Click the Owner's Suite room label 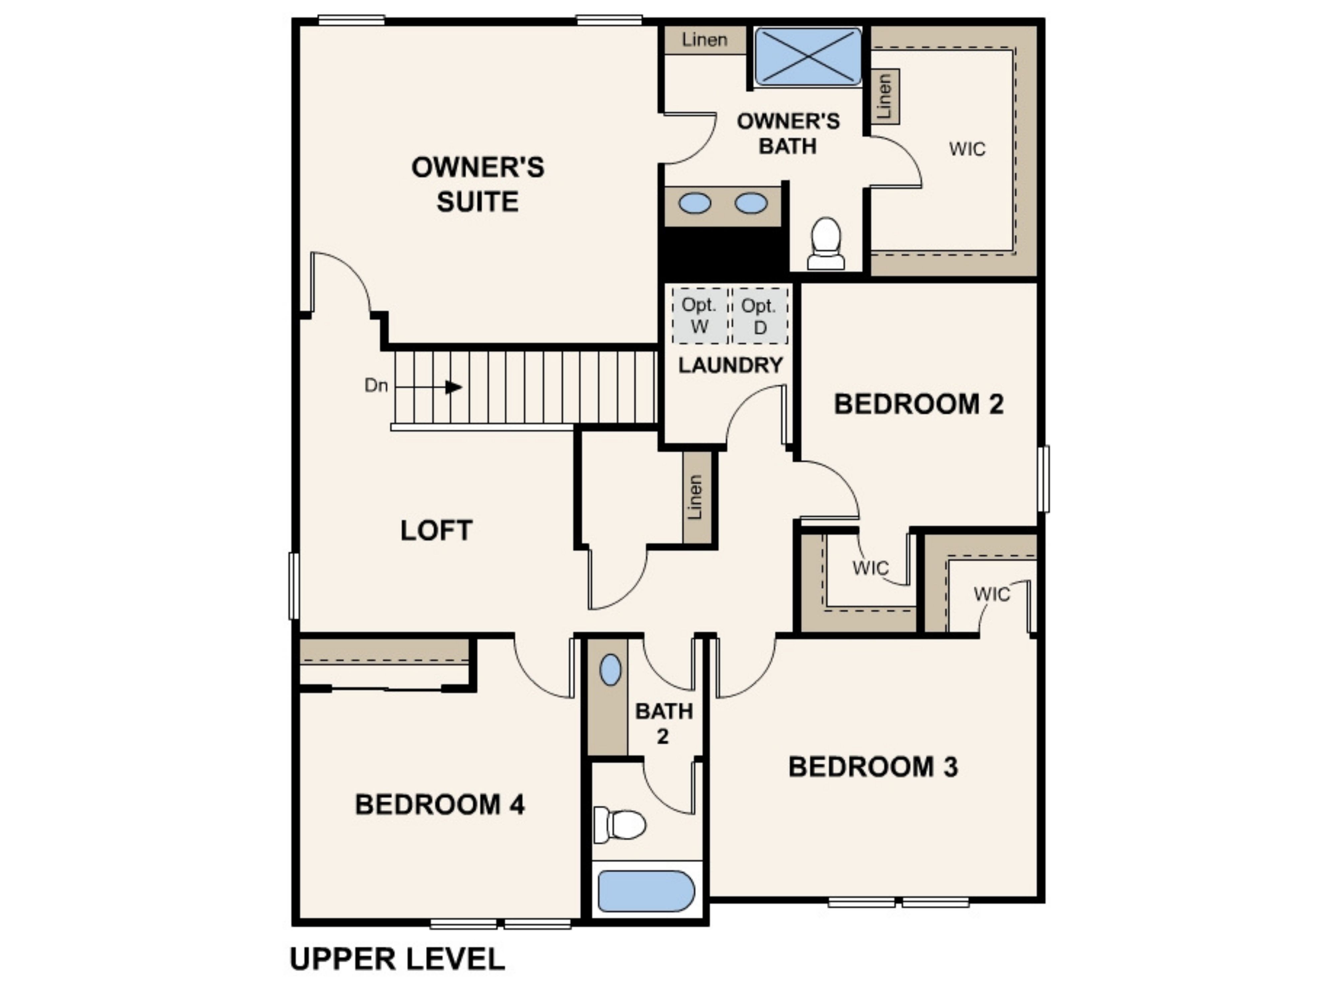click(478, 184)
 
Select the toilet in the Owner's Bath click(826, 243)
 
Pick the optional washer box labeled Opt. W click(699, 316)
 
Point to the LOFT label click(436, 530)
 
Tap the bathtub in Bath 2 click(646, 891)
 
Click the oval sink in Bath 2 click(610, 670)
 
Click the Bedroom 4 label click(440, 804)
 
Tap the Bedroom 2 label click(919, 404)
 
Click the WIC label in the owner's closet click(968, 149)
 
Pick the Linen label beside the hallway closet click(695, 497)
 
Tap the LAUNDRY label click(730, 365)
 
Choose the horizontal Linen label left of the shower click(705, 40)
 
